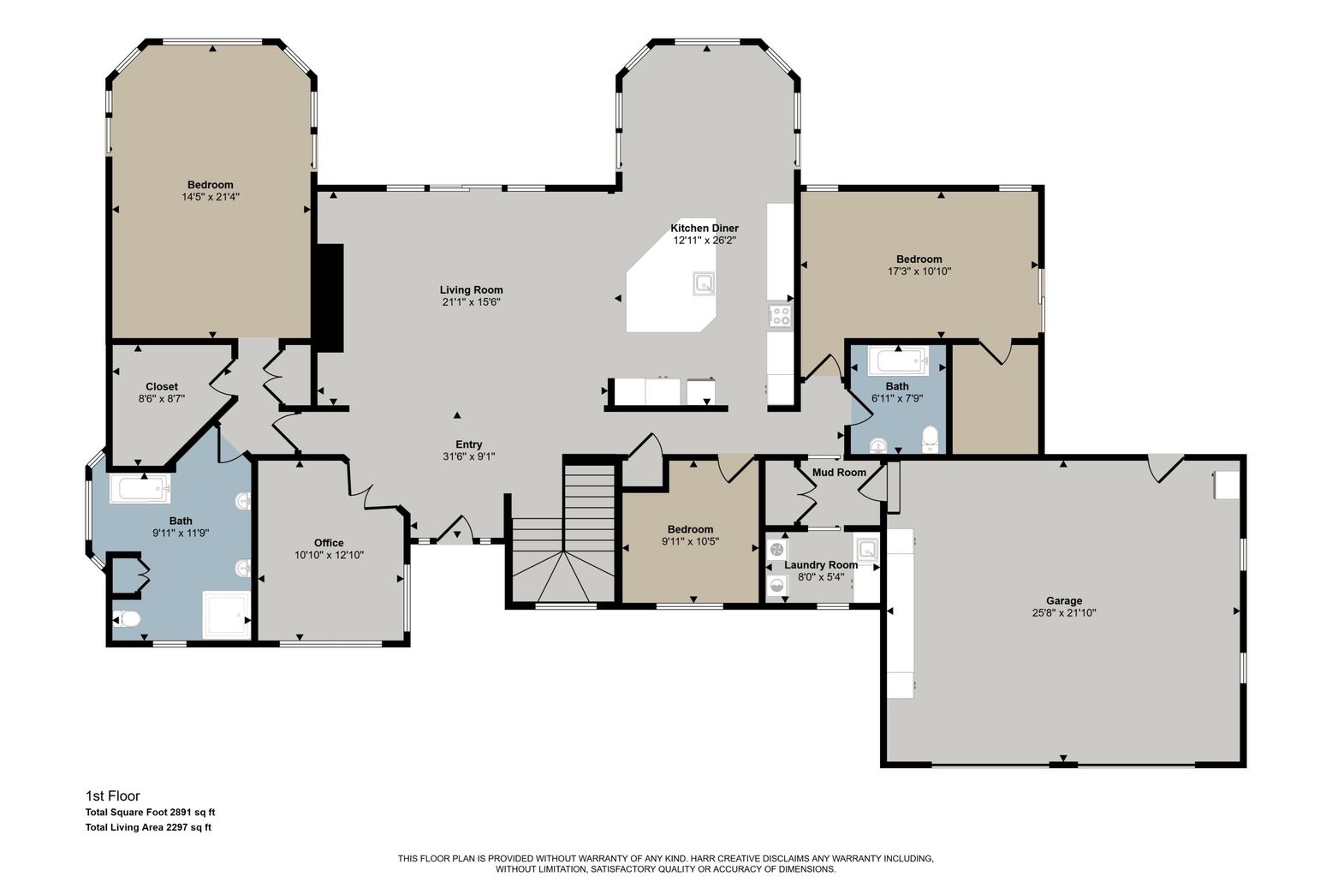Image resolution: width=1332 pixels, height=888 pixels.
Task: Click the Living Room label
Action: coord(471,290)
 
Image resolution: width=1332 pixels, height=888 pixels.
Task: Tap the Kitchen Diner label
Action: coord(704,229)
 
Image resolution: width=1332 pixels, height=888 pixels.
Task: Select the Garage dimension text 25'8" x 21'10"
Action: coord(1063,613)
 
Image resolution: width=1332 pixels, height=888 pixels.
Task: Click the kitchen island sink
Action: coord(705,283)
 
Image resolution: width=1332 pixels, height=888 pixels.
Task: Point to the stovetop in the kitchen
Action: coord(780,316)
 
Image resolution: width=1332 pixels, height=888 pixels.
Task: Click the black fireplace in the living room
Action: coord(329,297)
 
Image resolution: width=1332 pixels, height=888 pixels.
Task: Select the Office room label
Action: coord(329,543)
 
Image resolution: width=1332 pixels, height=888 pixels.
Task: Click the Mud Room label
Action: coord(838,473)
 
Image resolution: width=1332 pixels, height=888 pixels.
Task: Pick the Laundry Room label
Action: coord(820,565)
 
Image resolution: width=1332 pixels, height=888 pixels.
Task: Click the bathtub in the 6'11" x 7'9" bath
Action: coord(897,361)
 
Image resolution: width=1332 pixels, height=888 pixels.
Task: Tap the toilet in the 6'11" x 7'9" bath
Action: coord(931,441)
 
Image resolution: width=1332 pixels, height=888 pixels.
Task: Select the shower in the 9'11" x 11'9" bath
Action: coord(227,614)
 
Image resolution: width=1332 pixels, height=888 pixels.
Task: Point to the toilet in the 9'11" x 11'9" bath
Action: coord(127,618)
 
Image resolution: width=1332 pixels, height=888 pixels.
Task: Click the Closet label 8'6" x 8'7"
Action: coord(162,387)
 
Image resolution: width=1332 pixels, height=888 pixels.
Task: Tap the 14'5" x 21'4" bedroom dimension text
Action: coord(211,197)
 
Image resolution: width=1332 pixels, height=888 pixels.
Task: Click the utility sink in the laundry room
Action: coord(865,549)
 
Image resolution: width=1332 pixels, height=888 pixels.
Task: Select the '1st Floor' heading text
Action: coord(112,796)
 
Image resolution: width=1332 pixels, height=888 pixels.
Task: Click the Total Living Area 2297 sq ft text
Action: coord(148,827)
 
